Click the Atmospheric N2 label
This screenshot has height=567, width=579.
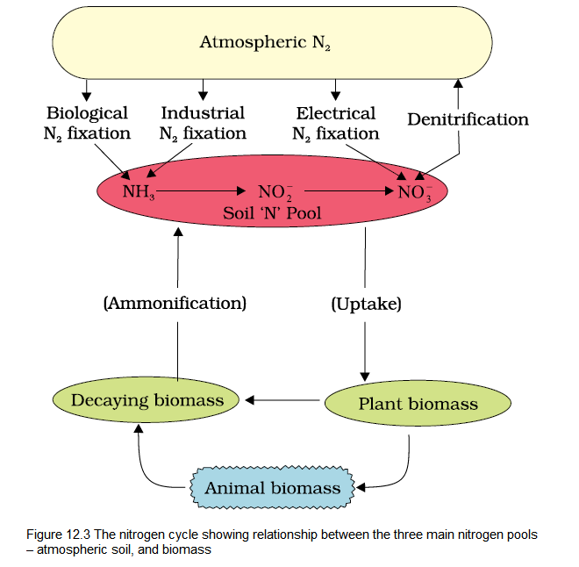(264, 42)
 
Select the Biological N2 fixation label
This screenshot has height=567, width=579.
(88, 124)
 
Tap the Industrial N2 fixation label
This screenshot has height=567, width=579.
(203, 124)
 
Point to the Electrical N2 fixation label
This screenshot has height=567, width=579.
(335, 124)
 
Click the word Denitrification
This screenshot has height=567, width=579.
(468, 119)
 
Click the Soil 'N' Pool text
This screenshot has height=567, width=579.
(275, 213)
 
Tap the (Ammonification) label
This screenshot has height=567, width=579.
(175, 304)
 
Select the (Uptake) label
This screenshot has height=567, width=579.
(366, 304)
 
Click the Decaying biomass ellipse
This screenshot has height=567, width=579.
(147, 400)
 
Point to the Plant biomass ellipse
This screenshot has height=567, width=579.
(418, 404)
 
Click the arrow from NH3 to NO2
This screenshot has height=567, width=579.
(201, 189)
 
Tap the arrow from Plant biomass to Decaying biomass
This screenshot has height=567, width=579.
(283, 401)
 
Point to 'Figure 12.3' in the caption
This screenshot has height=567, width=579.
(64, 535)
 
